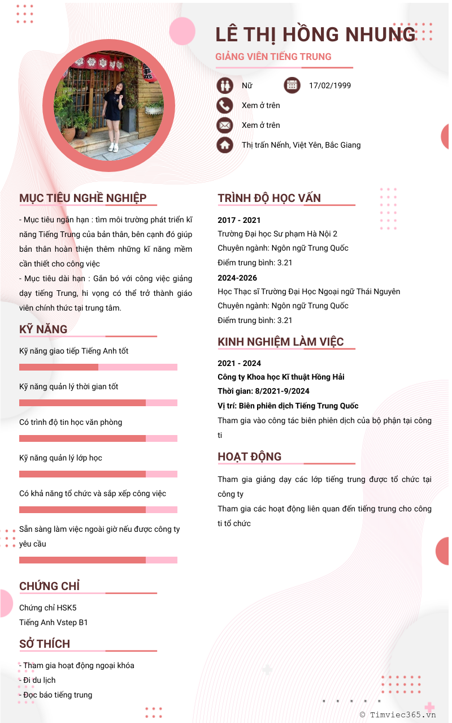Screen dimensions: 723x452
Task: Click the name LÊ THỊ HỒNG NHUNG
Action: pyautogui.click(x=315, y=35)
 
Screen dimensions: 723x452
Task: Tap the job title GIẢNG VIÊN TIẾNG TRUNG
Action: pyautogui.click(x=273, y=57)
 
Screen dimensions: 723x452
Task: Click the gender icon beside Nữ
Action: pyautogui.click(x=225, y=85)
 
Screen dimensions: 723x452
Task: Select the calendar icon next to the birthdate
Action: pyautogui.click(x=292, y=85)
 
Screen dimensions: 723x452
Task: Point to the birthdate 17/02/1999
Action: pyautogui.click(x=330, y=85)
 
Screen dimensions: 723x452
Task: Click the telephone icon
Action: pyautogui.click(x=225, y=105)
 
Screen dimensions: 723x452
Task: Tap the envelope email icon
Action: pyautogui.click(x=225, y=125)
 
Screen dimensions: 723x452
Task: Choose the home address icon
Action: pyautogui.click(x=225, y=145)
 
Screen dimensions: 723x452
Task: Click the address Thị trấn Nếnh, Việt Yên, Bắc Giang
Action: pyautogui.click(x=301, y=145)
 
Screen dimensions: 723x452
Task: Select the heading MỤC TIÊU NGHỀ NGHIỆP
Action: pyautogui.click(x=83, y=198)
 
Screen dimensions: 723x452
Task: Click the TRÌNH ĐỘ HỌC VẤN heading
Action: pyautogui.click(x=270, y=198)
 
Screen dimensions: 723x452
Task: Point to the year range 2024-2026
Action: pyautogui.click(x=237, y=278)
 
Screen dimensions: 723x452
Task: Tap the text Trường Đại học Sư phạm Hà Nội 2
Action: pyautogui.click(x=277, y=234)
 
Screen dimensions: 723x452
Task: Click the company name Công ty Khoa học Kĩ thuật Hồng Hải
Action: pyautogui.click(x=281, y=377)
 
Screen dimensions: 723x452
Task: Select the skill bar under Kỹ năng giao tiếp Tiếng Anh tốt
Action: pyautogui.click(x=98, y=367)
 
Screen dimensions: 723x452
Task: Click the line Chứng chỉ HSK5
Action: pyautogui.click(x=48, y=608)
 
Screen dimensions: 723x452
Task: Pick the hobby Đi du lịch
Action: pyautogui.click(x=38, y=680)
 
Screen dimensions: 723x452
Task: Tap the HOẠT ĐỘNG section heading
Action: pyautogui.click(x=250, y=457)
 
